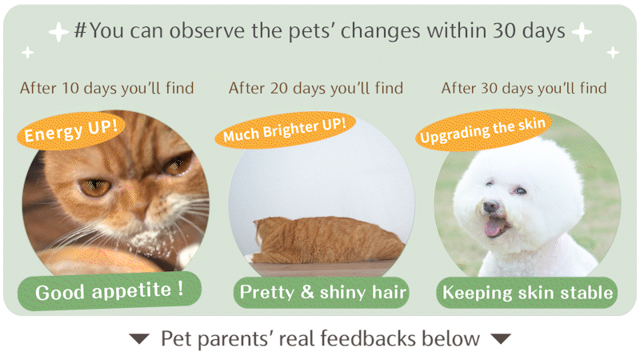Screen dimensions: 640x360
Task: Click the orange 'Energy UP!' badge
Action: coord(71,130)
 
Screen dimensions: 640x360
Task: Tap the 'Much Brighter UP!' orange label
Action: coord(285,130)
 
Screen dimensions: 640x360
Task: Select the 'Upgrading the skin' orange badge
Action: coord(483,130)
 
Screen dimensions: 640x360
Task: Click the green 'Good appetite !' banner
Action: coord(110,290)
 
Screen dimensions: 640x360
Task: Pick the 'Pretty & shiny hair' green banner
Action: coord(322,292)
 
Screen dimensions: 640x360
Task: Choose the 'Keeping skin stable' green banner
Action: coord(527,293)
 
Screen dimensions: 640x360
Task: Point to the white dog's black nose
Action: coord(490,206)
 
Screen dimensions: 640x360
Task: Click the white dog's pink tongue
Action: coord(494,227)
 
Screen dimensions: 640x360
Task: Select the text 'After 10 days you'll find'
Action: coord(107,88)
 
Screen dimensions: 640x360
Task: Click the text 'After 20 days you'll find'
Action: coord(316,88)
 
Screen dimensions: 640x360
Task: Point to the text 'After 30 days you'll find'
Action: coord(524,88)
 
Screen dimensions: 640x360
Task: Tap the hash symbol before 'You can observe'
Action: coord(81,30)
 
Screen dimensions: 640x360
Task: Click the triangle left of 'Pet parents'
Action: coord(139,338)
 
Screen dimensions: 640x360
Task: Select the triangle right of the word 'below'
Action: coord(501,338)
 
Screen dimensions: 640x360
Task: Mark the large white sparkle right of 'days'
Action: coord(582,32)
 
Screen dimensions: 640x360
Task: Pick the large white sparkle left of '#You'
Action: coord(58,32)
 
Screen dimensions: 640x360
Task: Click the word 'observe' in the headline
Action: coord(207,30)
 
